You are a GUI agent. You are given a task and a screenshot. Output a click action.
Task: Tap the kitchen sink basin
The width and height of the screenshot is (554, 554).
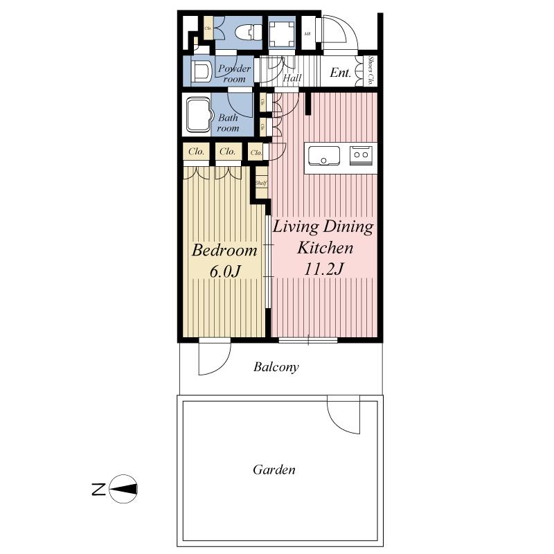(323, 156)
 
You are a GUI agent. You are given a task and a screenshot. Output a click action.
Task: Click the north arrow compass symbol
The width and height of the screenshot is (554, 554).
(123, 489)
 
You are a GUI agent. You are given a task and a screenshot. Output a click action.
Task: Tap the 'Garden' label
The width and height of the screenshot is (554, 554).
(274, 470)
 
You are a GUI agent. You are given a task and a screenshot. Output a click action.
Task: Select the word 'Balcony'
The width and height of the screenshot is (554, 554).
(276, 367)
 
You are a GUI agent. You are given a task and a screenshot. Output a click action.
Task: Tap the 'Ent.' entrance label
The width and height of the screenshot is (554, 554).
(339, 71)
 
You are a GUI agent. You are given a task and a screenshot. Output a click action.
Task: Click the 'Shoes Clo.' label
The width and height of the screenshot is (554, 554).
(371, 71)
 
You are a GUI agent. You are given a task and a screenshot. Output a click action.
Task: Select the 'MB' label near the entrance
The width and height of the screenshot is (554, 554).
(307, 33)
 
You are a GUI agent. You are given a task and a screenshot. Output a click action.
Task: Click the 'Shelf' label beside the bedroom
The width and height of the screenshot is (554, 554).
(260, 184)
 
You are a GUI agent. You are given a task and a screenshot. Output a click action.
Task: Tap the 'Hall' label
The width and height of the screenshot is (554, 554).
(292, 78)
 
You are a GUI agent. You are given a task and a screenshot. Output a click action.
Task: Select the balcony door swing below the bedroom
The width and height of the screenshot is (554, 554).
(214, 358)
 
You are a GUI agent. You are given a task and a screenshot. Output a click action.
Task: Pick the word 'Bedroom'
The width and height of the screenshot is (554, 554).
(224, 250)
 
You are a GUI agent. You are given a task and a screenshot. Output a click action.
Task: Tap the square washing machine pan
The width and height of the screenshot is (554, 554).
(281, 33)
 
